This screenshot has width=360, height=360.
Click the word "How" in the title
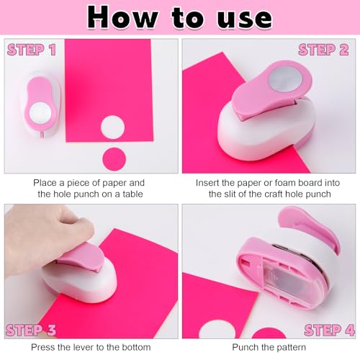tap(123, 17)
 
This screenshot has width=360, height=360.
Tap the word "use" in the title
tap(245, 20)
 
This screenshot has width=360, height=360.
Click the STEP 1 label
tap(32, 50)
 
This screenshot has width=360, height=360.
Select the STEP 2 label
tap(323, 50)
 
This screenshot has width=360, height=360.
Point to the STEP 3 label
tap(31, 330)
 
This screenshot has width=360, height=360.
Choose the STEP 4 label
tap(330, 330)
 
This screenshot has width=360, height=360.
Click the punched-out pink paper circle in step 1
tap(114, 159)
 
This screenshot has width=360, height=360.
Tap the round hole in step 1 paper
tap(112, 127)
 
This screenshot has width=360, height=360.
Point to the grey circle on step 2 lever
tap(285, 79)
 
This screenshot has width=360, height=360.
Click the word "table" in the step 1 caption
tap(132, 194)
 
